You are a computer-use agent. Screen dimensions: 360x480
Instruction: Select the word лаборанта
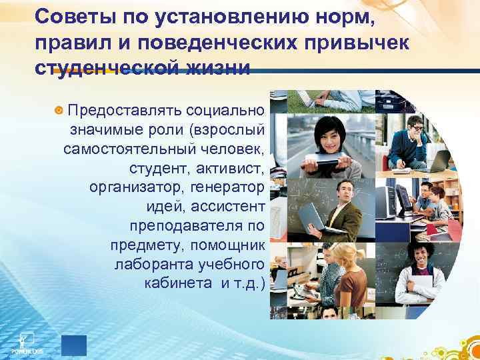tap(151, 265)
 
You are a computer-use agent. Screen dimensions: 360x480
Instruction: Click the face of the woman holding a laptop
tap(330, 130)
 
